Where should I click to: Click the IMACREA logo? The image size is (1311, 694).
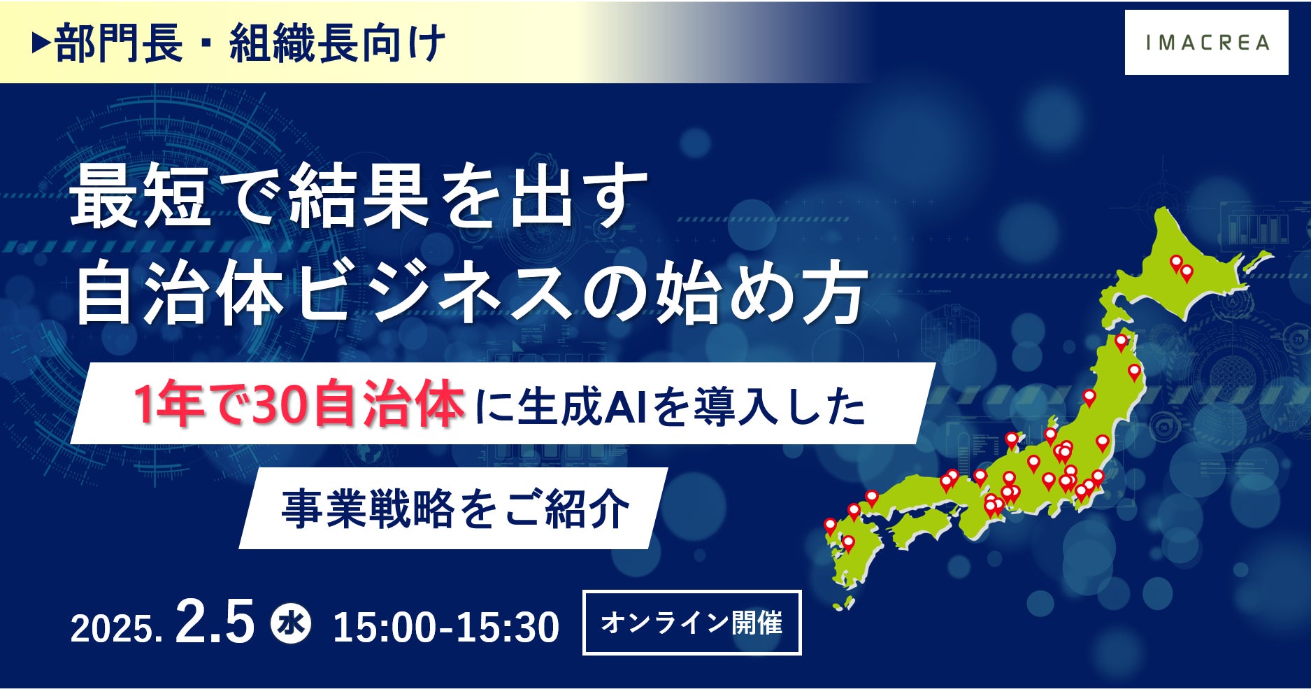pos(1206,43)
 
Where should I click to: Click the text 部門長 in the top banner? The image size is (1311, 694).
pos(118,44)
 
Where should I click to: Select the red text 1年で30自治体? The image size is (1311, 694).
pos(299,406)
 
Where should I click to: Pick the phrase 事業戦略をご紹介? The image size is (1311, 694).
pos(456,509)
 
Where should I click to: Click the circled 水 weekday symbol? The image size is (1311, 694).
pos(291,623)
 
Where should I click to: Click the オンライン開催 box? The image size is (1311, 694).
pos(692,623)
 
